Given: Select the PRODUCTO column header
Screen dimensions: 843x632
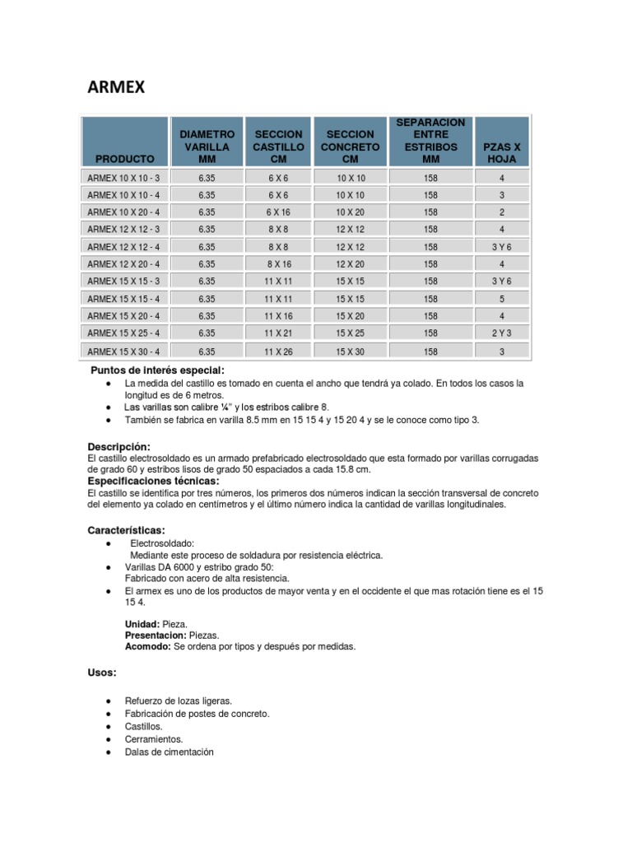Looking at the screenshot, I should [124, 157].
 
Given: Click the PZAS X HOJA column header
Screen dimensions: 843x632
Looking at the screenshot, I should [502, 151].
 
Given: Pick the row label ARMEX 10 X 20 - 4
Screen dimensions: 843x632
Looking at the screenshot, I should [126, 212].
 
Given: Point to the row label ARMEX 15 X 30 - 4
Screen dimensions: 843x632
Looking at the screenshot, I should [126, 351].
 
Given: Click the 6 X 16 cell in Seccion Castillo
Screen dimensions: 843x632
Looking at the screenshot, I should [279, 212].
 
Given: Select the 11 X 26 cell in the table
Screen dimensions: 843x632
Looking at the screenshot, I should [279, 351].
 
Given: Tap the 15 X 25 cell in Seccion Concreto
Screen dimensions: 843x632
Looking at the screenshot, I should [351, 333].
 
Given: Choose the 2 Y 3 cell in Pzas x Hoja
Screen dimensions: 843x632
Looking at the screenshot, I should [502, 333].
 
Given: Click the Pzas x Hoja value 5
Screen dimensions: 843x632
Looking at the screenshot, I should [502, 298].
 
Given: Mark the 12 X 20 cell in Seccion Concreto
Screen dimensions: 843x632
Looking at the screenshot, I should [351, 263].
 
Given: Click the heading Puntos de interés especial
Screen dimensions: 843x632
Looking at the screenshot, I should [156, 370].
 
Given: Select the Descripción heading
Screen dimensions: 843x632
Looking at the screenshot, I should [119, 446].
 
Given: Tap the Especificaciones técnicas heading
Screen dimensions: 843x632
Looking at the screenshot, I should [153, 481].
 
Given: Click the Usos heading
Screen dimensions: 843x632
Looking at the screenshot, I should [102, 673].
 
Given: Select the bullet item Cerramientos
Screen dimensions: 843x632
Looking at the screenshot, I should [154, 739].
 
